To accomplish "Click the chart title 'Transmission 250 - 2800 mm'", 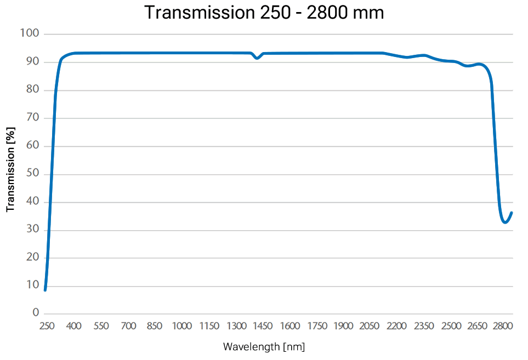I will [264, 13].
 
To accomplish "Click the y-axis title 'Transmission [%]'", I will [10, 169].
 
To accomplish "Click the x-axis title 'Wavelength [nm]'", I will [264, 347].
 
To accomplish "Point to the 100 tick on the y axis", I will [30, 34].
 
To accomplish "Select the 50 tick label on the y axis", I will [32, 174].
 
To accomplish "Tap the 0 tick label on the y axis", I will [36, 313].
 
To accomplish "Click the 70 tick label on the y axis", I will [32, 118].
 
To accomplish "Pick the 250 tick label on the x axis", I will [47, 327].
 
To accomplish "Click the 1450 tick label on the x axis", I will [263, 327].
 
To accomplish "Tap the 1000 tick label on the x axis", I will [181, 327].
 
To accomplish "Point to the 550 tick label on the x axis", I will [101, 327].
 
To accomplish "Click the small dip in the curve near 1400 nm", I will [257, 58].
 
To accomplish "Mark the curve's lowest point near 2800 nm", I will [505, 222].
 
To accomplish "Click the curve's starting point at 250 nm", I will [45, 289].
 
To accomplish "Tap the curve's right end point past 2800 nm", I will [512, 213].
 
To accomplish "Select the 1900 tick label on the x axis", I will [343, 327].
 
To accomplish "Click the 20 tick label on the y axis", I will [32, 258].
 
